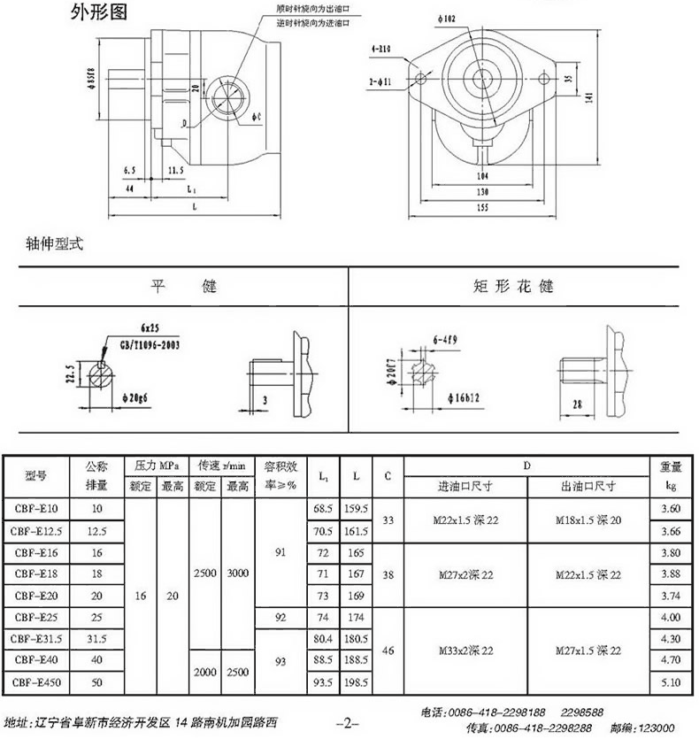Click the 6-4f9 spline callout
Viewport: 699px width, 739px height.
pyautogui.click(x=446, y=340)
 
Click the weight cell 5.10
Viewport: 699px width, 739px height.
pyautogui.click(x=671, y=681)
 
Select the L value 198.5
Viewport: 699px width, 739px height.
pyautogui.click(x=357, y=681)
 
